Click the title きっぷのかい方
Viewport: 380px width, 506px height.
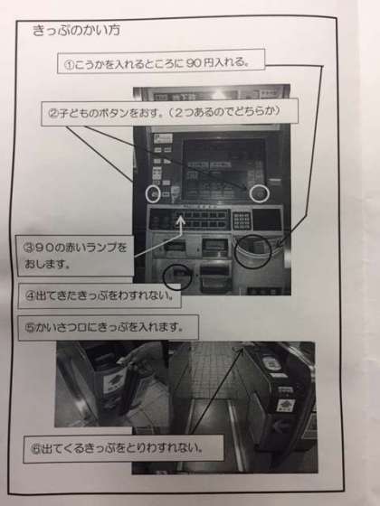pos(77,30)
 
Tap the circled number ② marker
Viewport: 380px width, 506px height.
pos(53,113)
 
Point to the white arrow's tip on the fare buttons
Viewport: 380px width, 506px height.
pos(181,217)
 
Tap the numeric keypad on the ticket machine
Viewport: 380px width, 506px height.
pos(242,220)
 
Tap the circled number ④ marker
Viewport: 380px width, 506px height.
pos(30,296)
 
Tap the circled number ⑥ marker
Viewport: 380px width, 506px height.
pos(35,449)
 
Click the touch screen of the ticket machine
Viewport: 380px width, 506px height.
pos(223,170)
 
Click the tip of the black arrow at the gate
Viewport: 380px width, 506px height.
pos(242,349)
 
